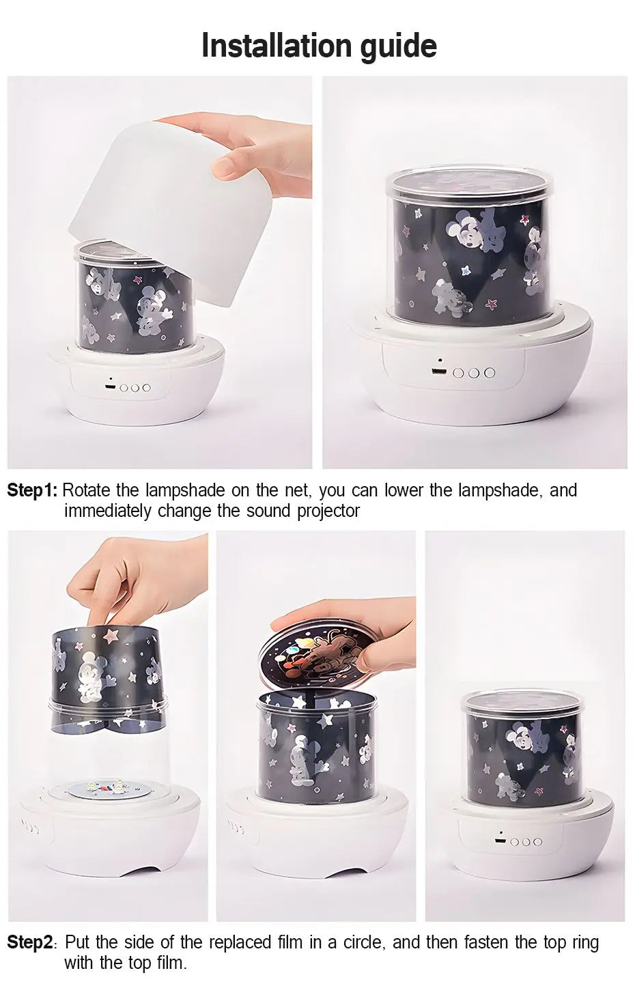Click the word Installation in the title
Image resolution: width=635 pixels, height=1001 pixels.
[x=277, y=45]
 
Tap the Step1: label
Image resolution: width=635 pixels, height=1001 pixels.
[x=32, y=490]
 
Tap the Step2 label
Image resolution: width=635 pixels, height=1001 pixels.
[x=30, y=942]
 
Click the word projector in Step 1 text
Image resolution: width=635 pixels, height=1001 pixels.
[x=328, y=511]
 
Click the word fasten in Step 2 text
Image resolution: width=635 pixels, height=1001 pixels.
[x=487, y=942]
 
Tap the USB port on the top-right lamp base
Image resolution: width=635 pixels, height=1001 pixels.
[x=436, y=371]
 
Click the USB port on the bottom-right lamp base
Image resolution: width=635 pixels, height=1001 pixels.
[x=500, y=841]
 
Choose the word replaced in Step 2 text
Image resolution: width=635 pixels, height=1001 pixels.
[x=238, y=942]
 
